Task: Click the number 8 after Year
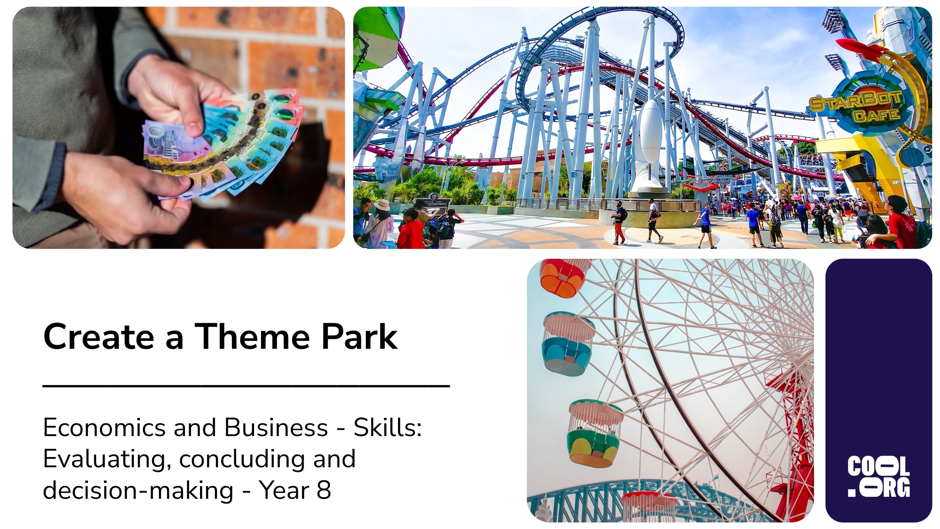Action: pyautogui.click(x=324, y=490)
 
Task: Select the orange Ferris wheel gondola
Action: pyautogui.click(x=563, y=277)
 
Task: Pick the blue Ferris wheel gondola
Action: pyautogui.click(x=568, y=344)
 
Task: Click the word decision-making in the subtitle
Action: pyautogui.click(x=138, y=490)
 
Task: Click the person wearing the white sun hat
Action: pyautogui.click(x=379, y=223)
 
